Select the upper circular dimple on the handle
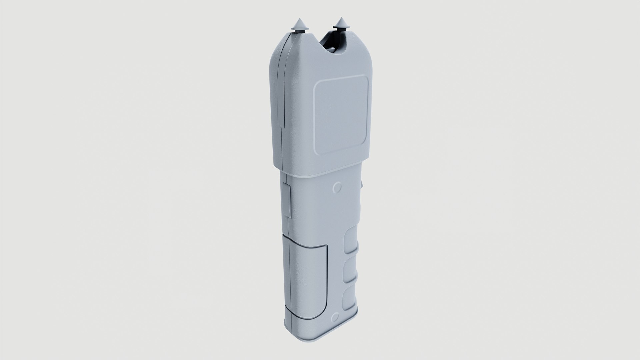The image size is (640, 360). (337, 187)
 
